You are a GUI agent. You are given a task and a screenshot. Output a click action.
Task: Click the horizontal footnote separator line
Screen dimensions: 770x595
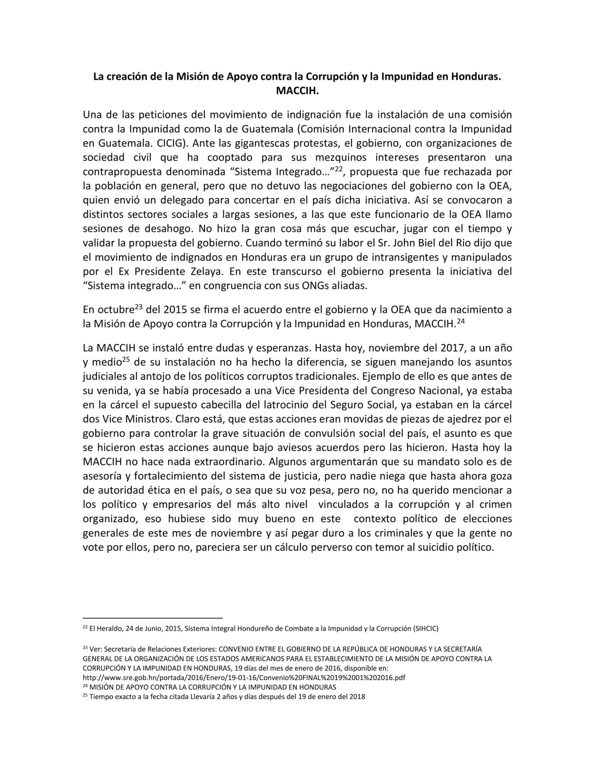click(153, 617)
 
